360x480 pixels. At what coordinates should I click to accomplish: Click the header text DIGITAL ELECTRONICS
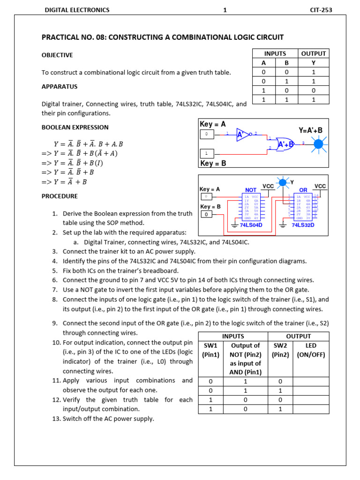tap(76, 10)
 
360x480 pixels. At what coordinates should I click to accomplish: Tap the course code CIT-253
tap(321, 10)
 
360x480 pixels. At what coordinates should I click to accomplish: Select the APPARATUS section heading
tap(60, 87)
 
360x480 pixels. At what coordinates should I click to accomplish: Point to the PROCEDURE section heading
tap(60, 196)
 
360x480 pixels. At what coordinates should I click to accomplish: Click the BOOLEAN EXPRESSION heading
tap(75, 127)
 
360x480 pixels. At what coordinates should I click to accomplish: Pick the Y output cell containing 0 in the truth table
tap(314, 90)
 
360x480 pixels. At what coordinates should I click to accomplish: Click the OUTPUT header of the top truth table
tap(314, 54)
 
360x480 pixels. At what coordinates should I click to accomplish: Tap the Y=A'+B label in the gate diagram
tap(310, 130)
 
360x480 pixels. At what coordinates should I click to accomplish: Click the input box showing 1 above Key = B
tap(207, 153)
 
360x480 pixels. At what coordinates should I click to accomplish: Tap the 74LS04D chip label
tap(251, 225)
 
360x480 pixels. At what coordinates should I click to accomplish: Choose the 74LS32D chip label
tap(302, 225)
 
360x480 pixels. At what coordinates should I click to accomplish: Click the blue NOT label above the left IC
tap(251, 190)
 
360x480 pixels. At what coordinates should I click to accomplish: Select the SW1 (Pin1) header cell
tap(210, 350)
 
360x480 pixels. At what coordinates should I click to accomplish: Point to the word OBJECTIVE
tap(57, 55)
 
